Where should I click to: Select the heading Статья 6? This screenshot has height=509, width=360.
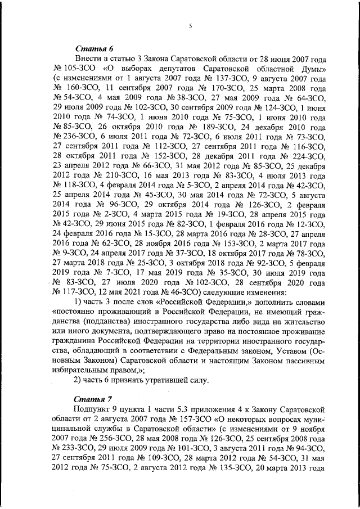tap(92, 48)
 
